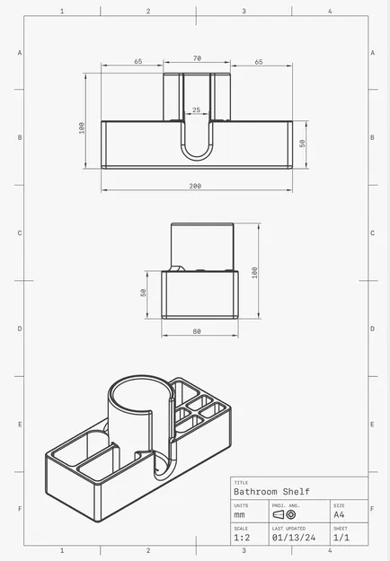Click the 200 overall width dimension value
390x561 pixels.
click(x=195, y=186)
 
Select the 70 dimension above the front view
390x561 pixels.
click(x=197, y=58)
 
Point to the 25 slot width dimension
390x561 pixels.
click(x=197, y=110)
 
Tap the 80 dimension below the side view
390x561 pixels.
click(x=197, y=331)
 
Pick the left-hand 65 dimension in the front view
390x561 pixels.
click(x=137, y=62)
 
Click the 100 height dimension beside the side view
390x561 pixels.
click(x=254, y=271)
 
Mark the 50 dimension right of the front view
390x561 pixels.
click(x=303, y=143)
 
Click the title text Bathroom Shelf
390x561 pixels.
click(x=271, y=491)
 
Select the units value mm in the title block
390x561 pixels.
click(x=239, y=515)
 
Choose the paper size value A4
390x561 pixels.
click(x=339, y=515)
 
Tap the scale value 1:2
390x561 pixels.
click(x=243, y=538)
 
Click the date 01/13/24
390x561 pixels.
click(x=294, y=538)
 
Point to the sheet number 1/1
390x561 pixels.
click(x=341, y=538)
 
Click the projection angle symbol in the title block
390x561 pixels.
click(x=285, y=515)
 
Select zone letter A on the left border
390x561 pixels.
click(x=19, y=53)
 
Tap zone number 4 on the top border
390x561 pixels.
click(x=330, y=12)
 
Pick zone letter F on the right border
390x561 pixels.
click(x=372, y=509)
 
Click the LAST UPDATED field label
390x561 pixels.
click(x=289, y=528)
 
